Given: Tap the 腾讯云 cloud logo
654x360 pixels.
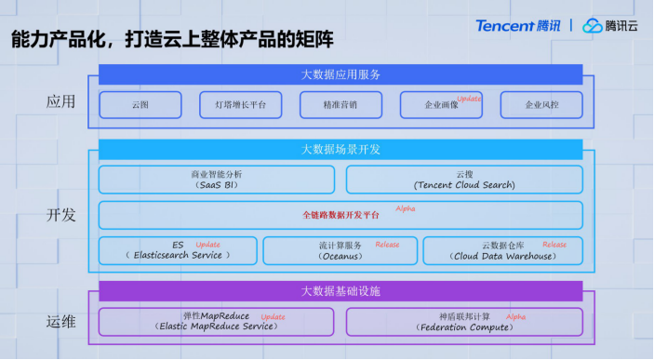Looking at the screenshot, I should tap(611, 25).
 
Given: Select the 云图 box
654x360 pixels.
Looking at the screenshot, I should tap(140, 105).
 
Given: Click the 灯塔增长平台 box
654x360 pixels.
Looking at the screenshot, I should tap(240, 105).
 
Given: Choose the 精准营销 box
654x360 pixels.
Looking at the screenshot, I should tap(340, 105).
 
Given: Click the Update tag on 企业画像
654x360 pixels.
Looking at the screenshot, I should tap(470, 99).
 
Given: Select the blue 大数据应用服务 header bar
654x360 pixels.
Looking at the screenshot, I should tap(340, 74).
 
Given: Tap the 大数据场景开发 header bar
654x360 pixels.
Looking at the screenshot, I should tap(340, 149).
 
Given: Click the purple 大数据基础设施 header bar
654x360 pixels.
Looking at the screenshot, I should tap(340, 291).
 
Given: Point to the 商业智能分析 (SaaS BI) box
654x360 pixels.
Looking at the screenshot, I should tap(216, 180).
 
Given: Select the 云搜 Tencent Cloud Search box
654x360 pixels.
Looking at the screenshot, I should tap(464, 180).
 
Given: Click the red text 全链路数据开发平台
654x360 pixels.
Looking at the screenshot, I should tap(340, 215).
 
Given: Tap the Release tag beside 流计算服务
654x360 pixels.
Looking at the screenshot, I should tap(387, 245).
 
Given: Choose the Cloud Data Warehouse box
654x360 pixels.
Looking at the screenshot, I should tap(502, 250).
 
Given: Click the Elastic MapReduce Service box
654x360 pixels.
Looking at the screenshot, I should tap(216, 322).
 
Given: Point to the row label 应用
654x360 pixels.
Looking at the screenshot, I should tap(60, 101).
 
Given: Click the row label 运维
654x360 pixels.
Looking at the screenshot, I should tap(60, 322).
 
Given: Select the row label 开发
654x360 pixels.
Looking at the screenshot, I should tap(60, 215).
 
